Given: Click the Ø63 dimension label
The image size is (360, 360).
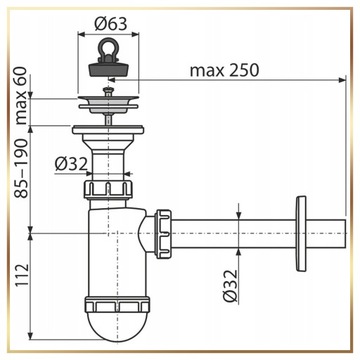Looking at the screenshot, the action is pyautogui.click(x=111, y=24).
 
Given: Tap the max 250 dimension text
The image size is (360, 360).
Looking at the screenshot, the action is pyautogui.click(x=224, y=70).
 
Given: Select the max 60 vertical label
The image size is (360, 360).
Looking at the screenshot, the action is pyautogui.click(x=22, y=95).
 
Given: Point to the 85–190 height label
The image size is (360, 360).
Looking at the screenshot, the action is pyautogui.click(x=22, y=169).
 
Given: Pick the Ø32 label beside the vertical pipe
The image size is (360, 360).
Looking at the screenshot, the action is pyautogui.click(x=71, y=164).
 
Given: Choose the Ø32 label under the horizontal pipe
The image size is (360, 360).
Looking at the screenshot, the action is pyautogui.click(x=231, y=286).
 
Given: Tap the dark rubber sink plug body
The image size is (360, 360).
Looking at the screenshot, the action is pyautogui.click(x=108, y=67).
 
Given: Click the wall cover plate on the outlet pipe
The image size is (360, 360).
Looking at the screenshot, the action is pyautogui.click(x=301, y=233).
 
